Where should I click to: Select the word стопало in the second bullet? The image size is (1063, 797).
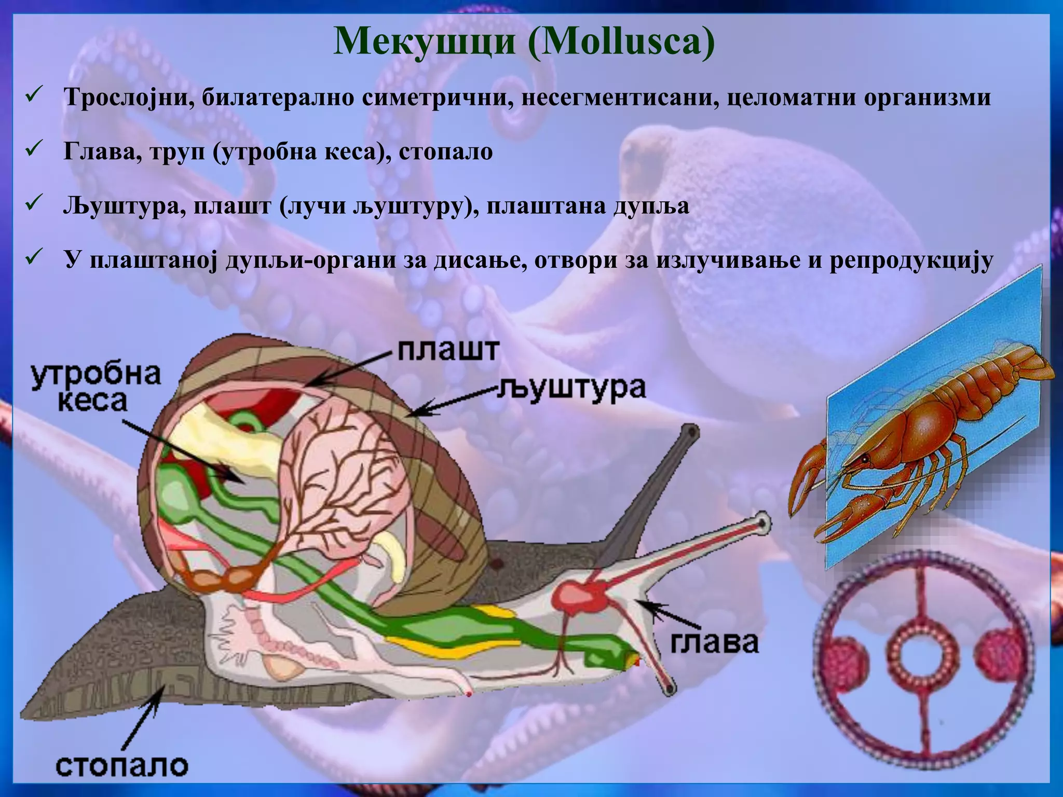[446, 152]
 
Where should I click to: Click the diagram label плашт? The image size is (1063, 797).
[448, 351]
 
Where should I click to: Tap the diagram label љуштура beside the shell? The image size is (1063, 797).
[570, 388]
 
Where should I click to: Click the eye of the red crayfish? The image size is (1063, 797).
[864, 459]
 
